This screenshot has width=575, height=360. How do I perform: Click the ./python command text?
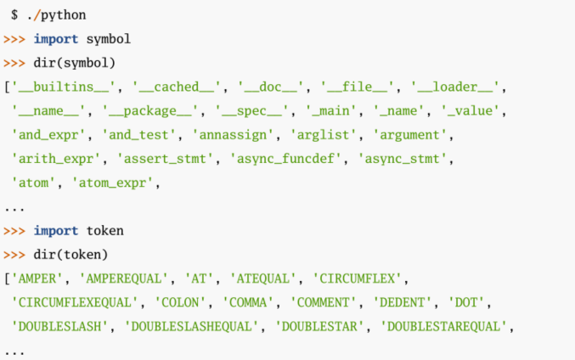coord(56,15)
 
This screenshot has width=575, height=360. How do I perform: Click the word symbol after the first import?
coord(109,39)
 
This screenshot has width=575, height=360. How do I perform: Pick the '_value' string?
coord(478,110)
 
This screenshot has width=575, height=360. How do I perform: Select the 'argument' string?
coord(412,134)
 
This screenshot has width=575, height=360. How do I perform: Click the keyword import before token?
coord(56,230)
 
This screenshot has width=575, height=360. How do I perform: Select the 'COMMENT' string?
coord(326,302)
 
